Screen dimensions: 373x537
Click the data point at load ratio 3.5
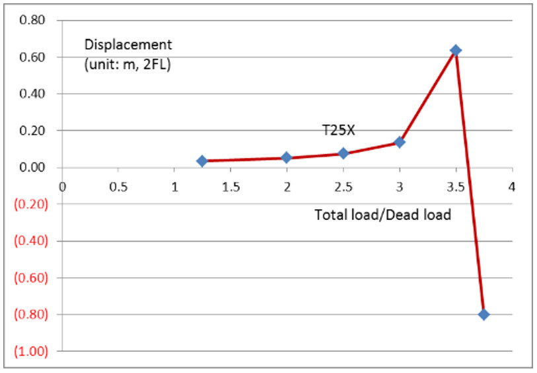[455, 50]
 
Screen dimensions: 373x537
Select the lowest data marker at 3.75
[483, 314]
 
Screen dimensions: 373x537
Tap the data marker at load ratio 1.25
[202, 161]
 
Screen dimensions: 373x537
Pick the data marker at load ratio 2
[287, 158]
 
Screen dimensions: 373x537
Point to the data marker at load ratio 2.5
[343, 153]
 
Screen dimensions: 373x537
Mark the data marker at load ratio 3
[399, 142]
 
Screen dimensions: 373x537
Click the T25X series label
[338, 131]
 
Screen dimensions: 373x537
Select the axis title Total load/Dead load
[382, 215]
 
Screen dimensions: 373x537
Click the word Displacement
[128, 45]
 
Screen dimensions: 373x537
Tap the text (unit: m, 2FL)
[127, 65]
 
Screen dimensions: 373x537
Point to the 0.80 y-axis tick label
[32, 20]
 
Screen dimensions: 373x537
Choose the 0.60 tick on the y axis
[32, 57]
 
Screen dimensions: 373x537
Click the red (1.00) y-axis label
[30, 351]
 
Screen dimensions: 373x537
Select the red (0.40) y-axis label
[30, 241]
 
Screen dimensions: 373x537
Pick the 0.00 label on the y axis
[32, 168]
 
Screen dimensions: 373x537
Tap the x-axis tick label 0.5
[118, 186]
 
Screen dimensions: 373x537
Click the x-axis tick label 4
[511, 186]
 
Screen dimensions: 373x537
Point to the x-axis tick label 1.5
[231, 186]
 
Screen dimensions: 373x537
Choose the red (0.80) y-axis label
[30, 314]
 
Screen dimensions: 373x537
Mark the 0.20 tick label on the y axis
[32, 131]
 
